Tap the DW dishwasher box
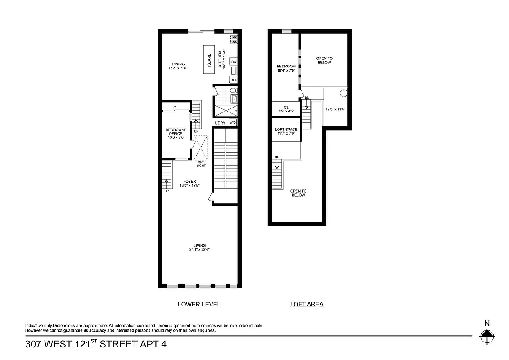(x=234, y=62)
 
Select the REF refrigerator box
(x=234, y=80)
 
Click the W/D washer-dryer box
(x=233, y=123)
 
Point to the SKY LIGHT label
(x=201, y=164)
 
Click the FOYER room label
(x=189, y=181)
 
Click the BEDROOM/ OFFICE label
(x=175, y=132)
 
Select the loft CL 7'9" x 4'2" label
(x=286, y=109)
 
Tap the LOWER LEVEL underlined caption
(x=199, y=304)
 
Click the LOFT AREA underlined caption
(x=306, y=304)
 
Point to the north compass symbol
(x=486, y=335)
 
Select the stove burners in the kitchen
(x=234, y=39)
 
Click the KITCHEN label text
(x=221, y=59)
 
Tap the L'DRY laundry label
(x=220, y=123)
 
